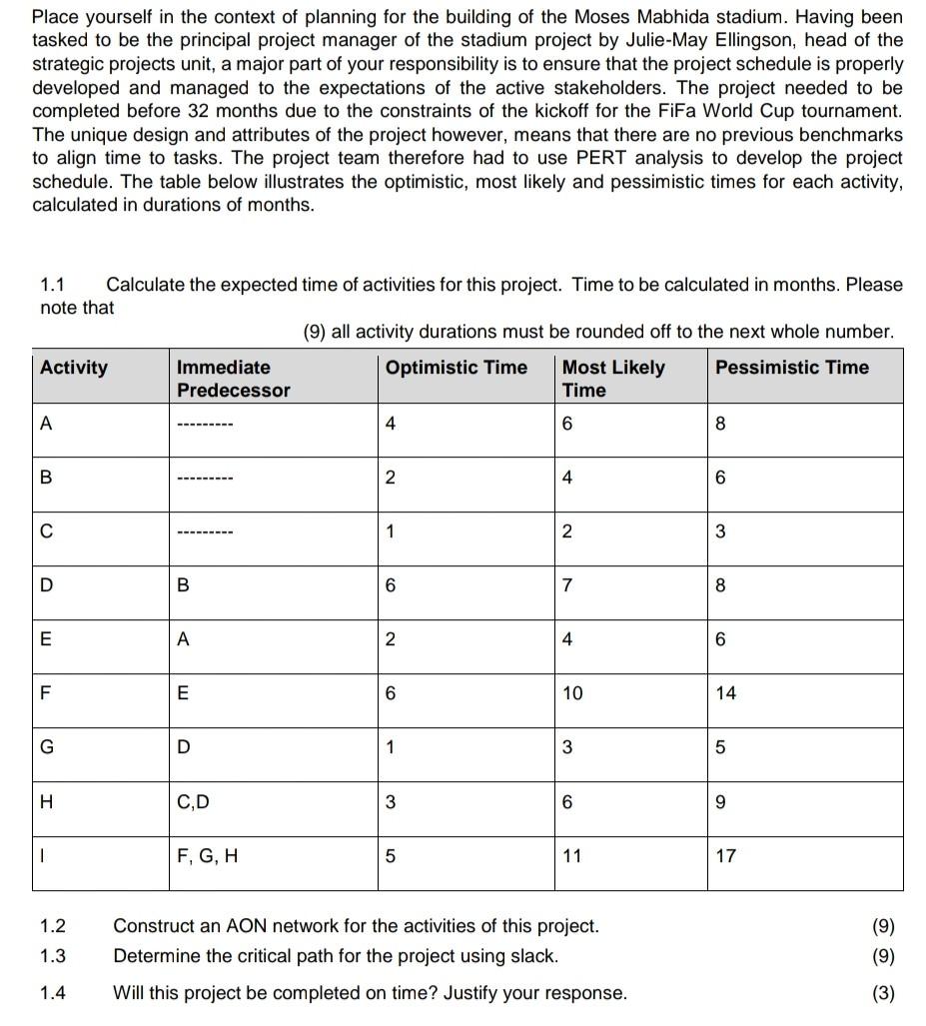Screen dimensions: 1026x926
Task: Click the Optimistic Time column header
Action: tap(456, 368)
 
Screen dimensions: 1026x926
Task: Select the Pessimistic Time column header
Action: tap(791, 368)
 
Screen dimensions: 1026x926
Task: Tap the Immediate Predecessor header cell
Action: tap(233, 379)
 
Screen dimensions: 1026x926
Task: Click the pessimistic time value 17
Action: tap(726, 856)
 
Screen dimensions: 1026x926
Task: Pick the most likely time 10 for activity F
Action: tap(571, 693)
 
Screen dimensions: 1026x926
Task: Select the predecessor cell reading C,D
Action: tap(193, 802)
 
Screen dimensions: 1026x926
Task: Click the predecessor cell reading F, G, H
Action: tap(207, 856)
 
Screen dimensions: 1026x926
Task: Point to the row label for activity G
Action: tap(46, 747)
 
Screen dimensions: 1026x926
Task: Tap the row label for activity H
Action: tap(46, 802)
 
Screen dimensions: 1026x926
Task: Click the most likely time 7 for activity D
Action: tap(567, 585)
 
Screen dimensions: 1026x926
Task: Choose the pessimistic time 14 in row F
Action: tap(726, 693)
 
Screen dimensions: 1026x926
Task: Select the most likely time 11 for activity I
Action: tap(571, 856)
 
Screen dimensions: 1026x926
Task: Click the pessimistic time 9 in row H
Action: tap(721, 802)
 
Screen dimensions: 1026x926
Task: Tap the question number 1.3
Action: tap(52, 956)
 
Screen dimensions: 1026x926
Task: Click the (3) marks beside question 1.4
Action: tap(882, 993)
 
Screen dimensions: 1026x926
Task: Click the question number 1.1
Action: tap(52, 285)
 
